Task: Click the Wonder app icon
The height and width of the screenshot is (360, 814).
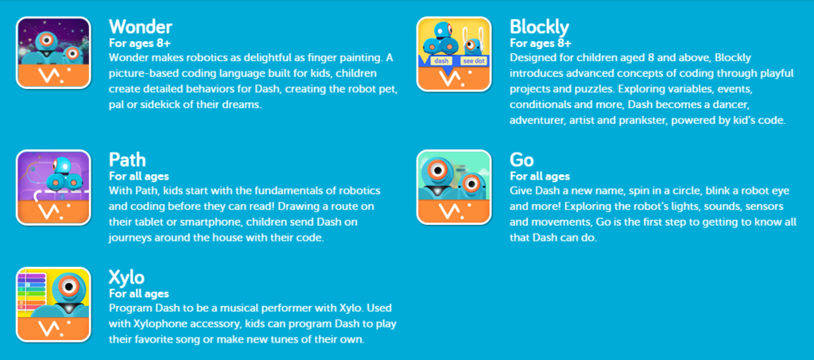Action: click(53, 53)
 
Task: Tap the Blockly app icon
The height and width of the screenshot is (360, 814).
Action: click(454, 54)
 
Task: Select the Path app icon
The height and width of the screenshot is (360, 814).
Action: click(53, 188)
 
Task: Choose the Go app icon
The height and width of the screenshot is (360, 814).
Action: click(454, 188)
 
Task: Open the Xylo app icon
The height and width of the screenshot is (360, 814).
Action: click(53, 304)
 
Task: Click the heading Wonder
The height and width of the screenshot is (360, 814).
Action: click(141, 26)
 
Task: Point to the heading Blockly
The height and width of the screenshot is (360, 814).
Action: click(540, 27)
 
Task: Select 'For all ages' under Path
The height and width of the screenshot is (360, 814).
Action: click(139, 176)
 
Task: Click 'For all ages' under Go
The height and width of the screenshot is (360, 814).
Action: click(540, 176)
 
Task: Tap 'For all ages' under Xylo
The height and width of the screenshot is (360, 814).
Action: click(139, 294)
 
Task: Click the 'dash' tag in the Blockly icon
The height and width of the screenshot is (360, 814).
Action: click(439, 60)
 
